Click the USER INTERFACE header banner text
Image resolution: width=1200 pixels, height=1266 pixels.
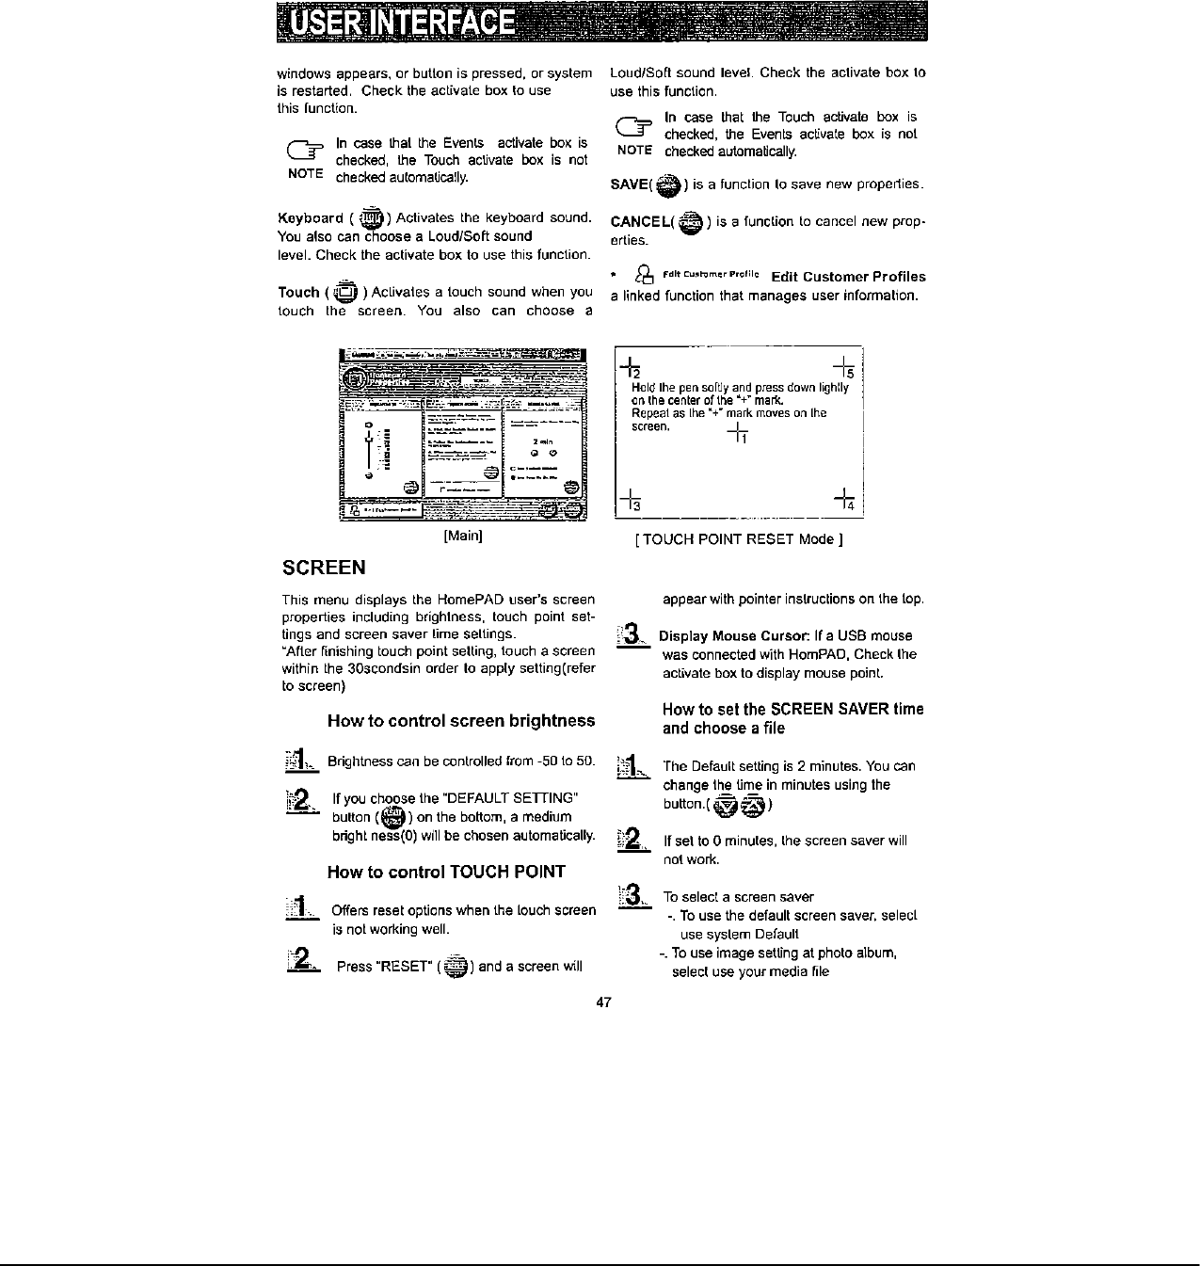coord(405,24)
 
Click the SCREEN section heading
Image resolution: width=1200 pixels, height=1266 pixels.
coord(325,568)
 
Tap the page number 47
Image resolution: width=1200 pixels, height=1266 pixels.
coord(604,1002)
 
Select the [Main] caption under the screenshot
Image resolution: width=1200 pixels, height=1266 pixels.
coord(463,537)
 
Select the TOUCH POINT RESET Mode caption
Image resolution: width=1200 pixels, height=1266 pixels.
coord(739,539)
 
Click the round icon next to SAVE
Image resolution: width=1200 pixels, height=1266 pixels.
coord(669,185)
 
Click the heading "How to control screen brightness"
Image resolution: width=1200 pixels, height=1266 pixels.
coord(461,721)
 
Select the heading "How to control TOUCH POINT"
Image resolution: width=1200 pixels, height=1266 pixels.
coord(446,872)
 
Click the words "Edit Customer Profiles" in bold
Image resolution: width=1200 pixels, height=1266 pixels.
coord(848,277)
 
